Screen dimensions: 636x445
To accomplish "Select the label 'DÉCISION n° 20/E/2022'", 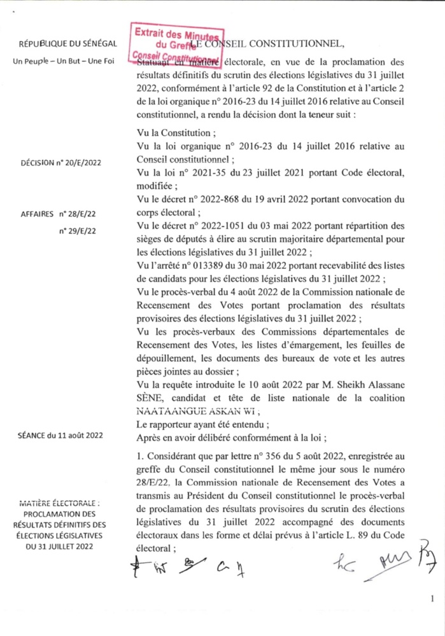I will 65,163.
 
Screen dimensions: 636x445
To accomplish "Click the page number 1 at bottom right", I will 432,598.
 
